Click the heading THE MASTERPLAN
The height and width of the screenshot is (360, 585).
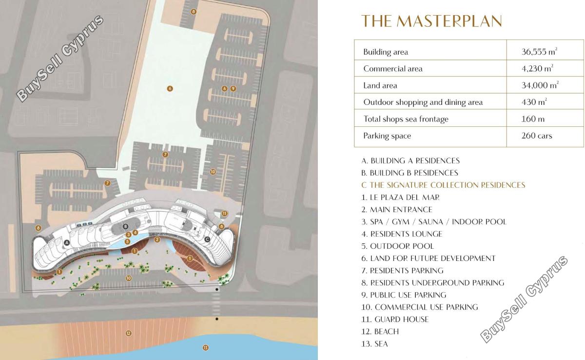click(x=431, y=21)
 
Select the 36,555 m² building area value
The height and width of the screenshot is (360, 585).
click(x=539, y=52)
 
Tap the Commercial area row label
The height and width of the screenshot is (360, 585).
click(x=393, y=69)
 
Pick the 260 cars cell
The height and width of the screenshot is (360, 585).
click(x=537, y=136)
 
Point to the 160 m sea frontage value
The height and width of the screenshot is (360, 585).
click(x=533, y=119)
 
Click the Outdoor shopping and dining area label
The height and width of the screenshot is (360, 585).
click(x=423, y=102)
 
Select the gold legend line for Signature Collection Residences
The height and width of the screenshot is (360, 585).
click(x=443, y=185)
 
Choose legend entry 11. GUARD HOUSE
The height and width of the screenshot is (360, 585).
click(x=395, y=319)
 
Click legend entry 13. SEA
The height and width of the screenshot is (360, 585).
click(x=374, y=344)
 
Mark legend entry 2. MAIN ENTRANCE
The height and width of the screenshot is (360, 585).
click(x=397, y=210)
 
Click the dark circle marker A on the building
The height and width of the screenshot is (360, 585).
click(x=67, y=243)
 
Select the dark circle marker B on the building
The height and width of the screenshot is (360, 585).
click(x=126, y=226)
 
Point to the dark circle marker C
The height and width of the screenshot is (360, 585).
click(x=207, y=240)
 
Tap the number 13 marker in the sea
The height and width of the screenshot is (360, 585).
click(x=206, y=348)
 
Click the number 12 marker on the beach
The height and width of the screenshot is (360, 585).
click(x=129, y=333)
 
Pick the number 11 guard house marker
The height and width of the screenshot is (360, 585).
click(x=225, y=214)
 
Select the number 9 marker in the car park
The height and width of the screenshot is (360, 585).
click(x=233, y=89)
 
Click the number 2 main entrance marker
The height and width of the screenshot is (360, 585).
click(x=157, y=240)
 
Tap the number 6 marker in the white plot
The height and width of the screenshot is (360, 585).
click(x=170, y=89)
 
